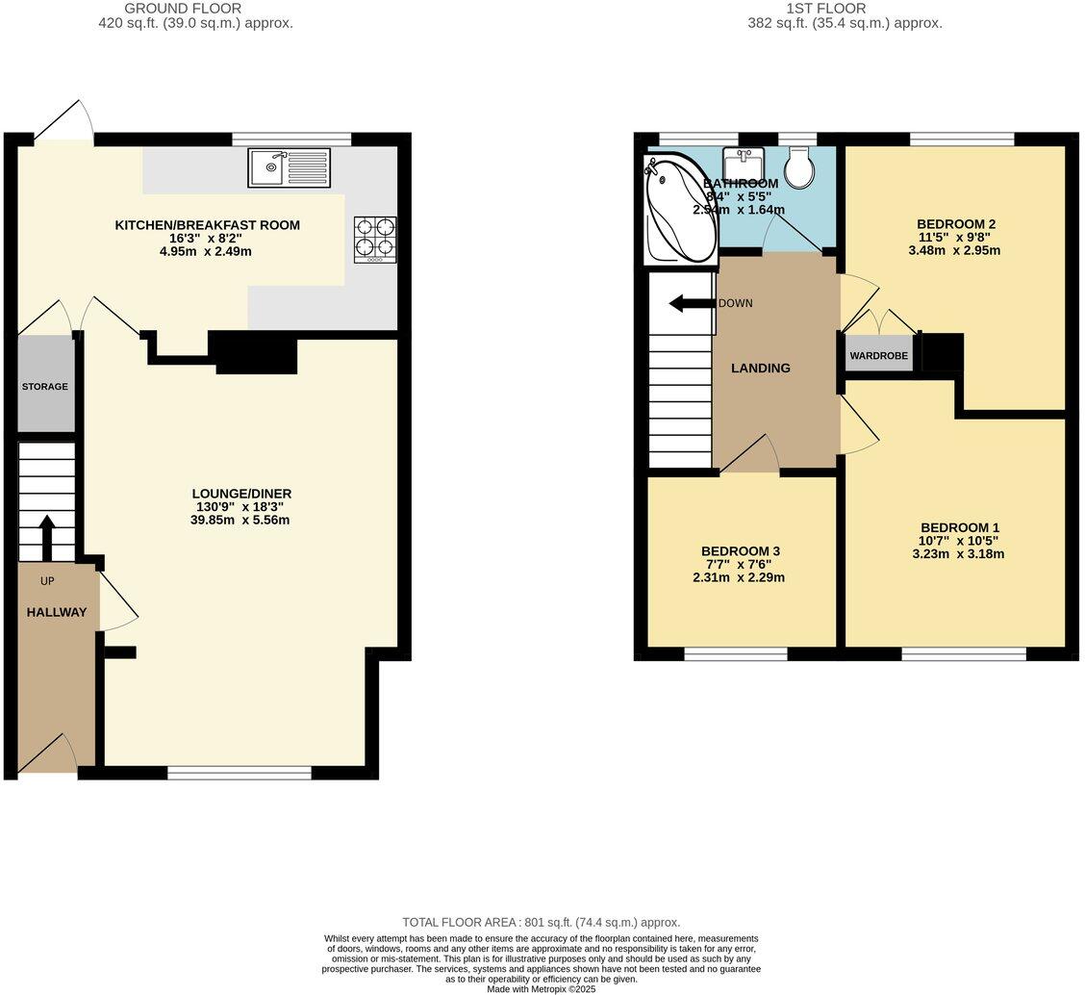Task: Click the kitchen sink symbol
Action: click(x=289, y=167)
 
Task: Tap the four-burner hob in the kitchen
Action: click(x=375, y=239)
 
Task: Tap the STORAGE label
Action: click(x=45, y=387)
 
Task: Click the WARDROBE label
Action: click(x=878, y=355)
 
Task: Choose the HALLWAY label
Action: click(x=57, y=612)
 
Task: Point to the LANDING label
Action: click(x=760, y=368)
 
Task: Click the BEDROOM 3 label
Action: click(x=741, y=551)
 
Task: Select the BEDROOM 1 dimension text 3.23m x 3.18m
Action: click(x=959, y=553)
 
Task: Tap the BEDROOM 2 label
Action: click(x=955, y=224)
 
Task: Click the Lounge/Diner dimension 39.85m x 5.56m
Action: click(x=240, y=520)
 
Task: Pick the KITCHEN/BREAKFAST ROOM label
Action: click(x=208, y=225)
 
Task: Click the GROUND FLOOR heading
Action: click(x=196, y=9)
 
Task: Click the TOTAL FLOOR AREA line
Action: click(x=541, y=922)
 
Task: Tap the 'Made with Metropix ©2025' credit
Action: click(x=542, y=988)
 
